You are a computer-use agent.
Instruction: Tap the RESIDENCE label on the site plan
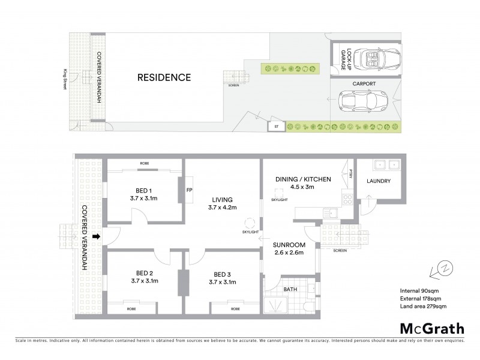164,77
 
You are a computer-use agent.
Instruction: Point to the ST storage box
277,127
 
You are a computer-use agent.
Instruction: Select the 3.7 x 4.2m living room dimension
222,208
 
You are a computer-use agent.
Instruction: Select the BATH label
291,289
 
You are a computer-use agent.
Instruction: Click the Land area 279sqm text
423,307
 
